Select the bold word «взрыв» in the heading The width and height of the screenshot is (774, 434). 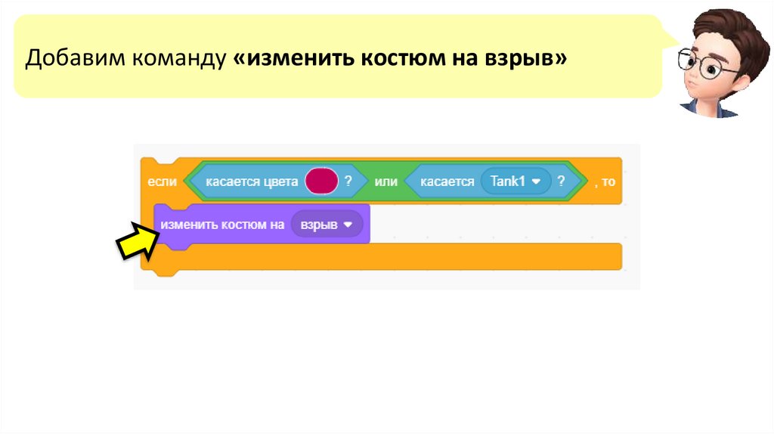522,57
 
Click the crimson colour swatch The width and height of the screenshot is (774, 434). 321,181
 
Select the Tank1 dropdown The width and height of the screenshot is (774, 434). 515,181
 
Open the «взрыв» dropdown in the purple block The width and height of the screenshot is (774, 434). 327,225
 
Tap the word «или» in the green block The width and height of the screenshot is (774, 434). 385,181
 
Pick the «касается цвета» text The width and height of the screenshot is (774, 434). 252,181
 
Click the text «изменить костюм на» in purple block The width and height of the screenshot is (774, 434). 222,225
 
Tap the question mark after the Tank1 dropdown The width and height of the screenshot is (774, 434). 561,181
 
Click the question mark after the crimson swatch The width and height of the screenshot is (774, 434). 348,181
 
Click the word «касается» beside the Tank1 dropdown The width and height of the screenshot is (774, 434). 447,181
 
